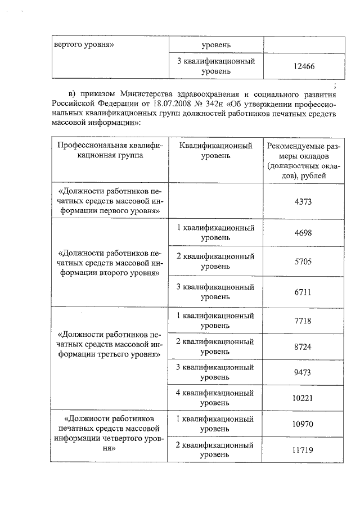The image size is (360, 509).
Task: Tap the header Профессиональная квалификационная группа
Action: click(x=110, y=150)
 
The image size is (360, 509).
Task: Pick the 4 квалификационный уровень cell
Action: click(x=215, y=397)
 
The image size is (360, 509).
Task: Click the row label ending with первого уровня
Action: click(x=110, y=201)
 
